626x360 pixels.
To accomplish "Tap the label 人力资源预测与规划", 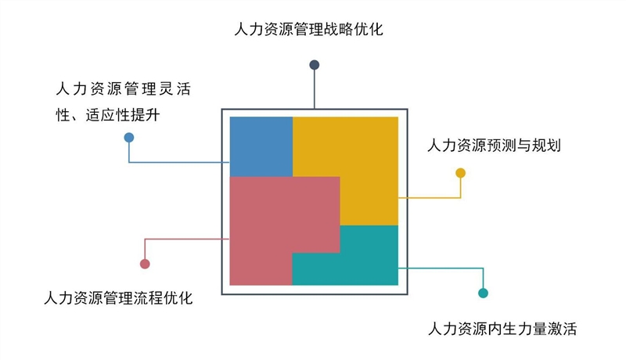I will tap(494, 146).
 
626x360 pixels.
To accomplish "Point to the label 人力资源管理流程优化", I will tap(118, 298).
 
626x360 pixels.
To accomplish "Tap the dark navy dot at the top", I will tap(315, 65).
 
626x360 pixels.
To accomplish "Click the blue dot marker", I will tap(129, 138).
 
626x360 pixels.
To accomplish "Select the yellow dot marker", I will tap(460, 173).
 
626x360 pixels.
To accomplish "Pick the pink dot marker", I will tap(144, 264).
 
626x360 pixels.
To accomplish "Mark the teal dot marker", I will tap(483, 293).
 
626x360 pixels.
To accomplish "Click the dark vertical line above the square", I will tap(315, 90).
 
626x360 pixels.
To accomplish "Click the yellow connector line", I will tap(430, 198).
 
